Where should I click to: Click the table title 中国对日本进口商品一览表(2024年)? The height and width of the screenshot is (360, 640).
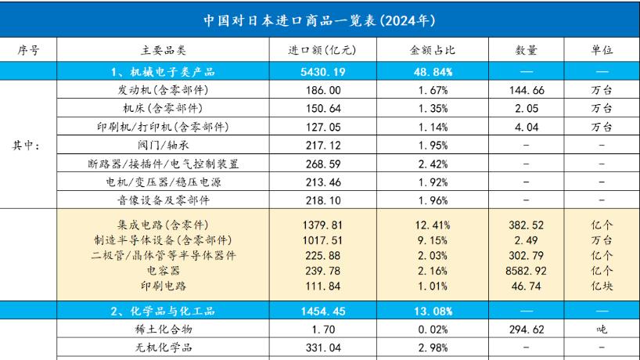(x=319, y=19)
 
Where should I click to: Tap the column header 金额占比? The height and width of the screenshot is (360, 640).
(x=431, y=51)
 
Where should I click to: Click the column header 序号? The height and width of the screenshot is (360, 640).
(x=28, y=51)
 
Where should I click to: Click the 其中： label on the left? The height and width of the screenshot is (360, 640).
(x=28, y=146)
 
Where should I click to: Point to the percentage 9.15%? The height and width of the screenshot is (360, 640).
(x=431, y=239)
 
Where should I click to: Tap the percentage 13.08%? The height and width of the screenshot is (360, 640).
(x=431, y=309)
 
